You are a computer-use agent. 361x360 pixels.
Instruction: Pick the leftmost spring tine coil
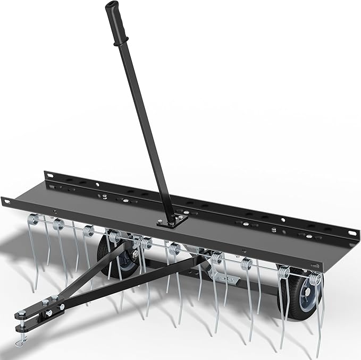pos(35,218)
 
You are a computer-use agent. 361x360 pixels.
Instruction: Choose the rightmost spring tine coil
pos(315,278)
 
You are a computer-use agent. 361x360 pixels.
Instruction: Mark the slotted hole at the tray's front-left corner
pos(6,201)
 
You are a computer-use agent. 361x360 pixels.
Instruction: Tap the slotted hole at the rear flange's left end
pos(48,174)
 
